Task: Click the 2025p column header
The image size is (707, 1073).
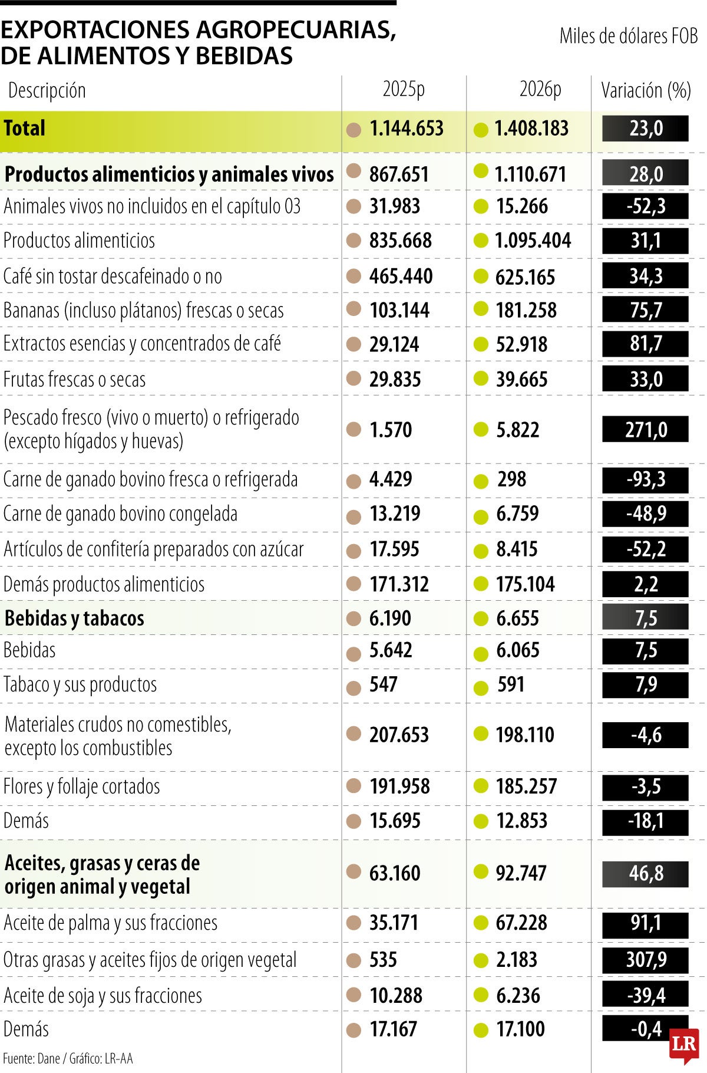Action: tap(404, 90)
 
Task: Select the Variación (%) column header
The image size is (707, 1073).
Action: tap(646, 90)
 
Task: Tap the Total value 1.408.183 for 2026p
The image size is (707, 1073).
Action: tap(531, 129)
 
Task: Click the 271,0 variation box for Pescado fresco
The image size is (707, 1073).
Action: tap(645, 429)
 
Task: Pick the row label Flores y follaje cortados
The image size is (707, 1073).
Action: tap(82, 786)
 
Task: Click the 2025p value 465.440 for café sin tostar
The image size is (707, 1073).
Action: tap(401, 276)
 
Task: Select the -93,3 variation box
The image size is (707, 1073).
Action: tap(645, 479)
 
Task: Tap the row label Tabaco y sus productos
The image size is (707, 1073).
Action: tap(80, 684)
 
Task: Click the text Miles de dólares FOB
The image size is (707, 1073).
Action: tap(629, 36)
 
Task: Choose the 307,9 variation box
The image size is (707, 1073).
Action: tap(645, 959)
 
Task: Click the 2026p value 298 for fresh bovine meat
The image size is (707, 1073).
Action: tap(511, 479)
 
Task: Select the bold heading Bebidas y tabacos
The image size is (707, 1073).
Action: tap(74, 618)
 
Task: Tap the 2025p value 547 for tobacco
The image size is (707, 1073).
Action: tap(383, 684)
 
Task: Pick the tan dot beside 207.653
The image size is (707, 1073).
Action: tap(353, 734)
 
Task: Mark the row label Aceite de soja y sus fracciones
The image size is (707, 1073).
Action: tap(103, 995)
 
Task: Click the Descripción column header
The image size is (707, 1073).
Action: tap(47, 90)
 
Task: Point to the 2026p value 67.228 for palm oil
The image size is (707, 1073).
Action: tap(521, 923)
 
